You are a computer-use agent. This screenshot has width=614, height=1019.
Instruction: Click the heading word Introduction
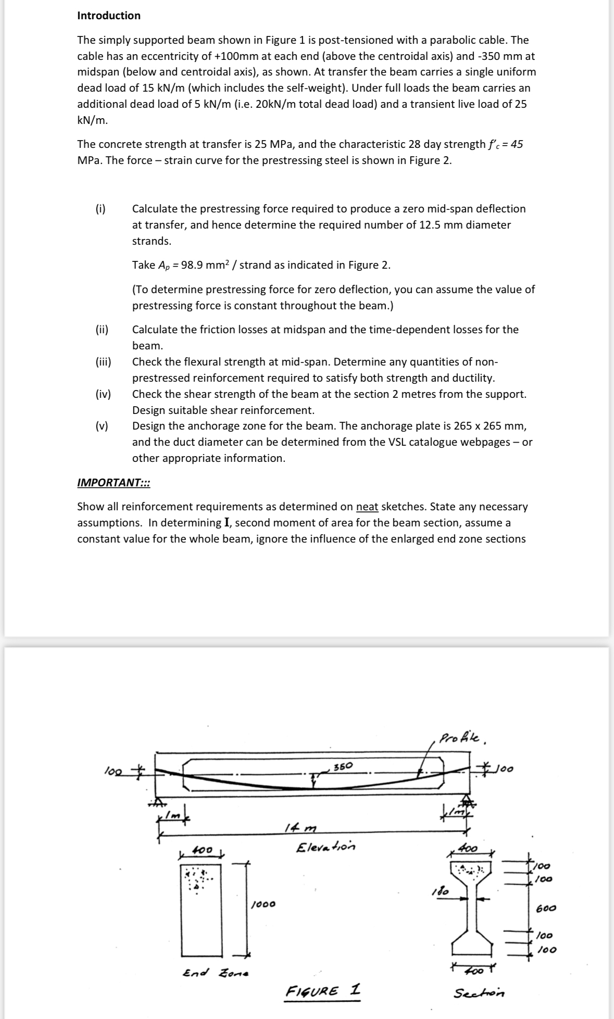(108, 16)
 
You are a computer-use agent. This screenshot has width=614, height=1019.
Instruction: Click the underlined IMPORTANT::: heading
(114, 482)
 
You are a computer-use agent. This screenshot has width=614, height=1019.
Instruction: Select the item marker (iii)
(103, 362)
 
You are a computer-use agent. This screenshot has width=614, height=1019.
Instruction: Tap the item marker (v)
(102, 426)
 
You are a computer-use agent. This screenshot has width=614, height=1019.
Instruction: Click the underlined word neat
(367, 507)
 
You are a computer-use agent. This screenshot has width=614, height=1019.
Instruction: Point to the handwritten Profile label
(463, 739)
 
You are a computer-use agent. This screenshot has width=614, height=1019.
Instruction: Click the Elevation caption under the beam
(325, 847)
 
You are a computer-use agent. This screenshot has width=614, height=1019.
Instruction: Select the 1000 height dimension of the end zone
(263, 904)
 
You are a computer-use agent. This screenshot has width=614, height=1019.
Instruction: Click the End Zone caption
(216, 972)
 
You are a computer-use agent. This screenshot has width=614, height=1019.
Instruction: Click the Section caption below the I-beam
(479, 993)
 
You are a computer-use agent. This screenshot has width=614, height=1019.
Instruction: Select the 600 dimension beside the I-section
(546, 908)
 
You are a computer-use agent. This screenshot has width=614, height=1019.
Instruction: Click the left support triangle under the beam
(156, 802)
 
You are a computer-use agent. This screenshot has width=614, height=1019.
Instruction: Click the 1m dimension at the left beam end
(171, 815)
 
